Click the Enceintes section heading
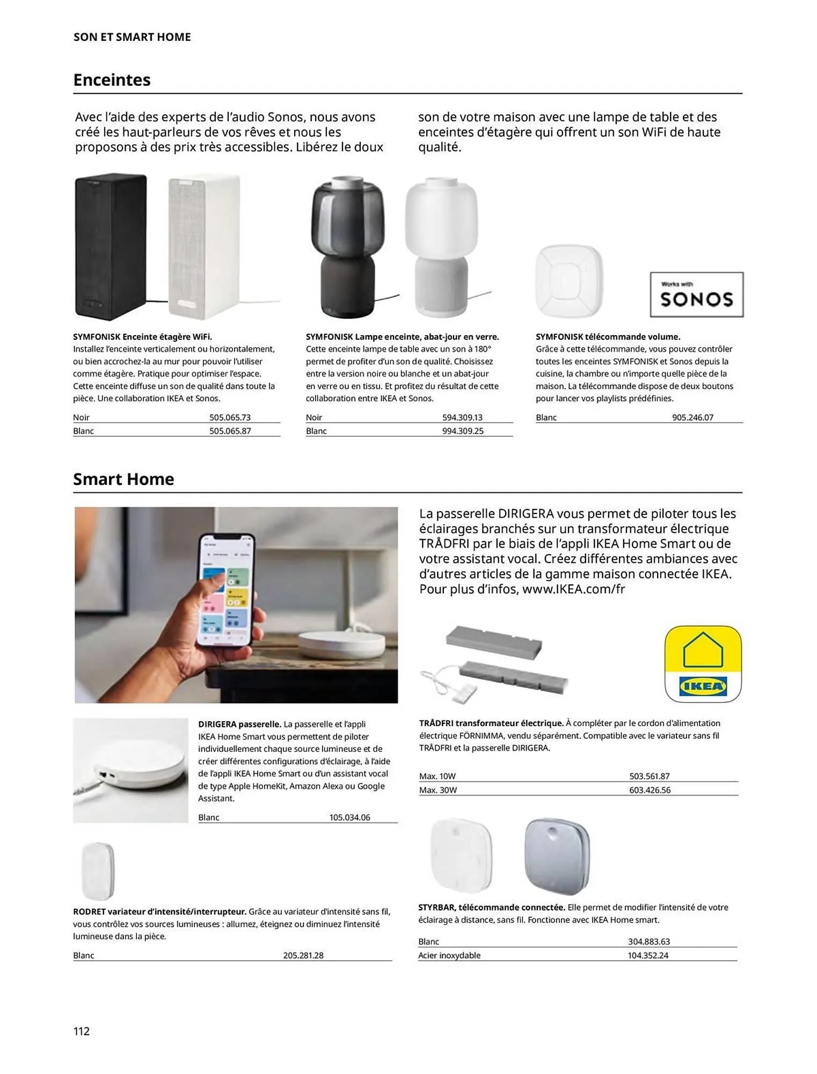coord(112,80)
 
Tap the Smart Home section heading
coord(123,479)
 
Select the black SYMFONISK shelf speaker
coord(111,246)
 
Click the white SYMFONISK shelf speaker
coord(204,246)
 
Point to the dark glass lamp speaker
coord(348,246)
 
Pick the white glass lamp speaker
coord(441,246)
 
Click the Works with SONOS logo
coord(696,295)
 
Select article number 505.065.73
coord(230,417)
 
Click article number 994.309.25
coord(462,431)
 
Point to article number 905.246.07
coord(692,417)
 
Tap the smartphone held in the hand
coord(225,590)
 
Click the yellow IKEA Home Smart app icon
coord(703,664)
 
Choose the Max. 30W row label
coord(437,790)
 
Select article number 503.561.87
coord(649,776)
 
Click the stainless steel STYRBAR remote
coord(557,856)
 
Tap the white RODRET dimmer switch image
coord(98,871)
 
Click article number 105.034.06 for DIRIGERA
coord(349,817)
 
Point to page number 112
coord(82,1031)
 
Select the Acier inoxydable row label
coord(449,955)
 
